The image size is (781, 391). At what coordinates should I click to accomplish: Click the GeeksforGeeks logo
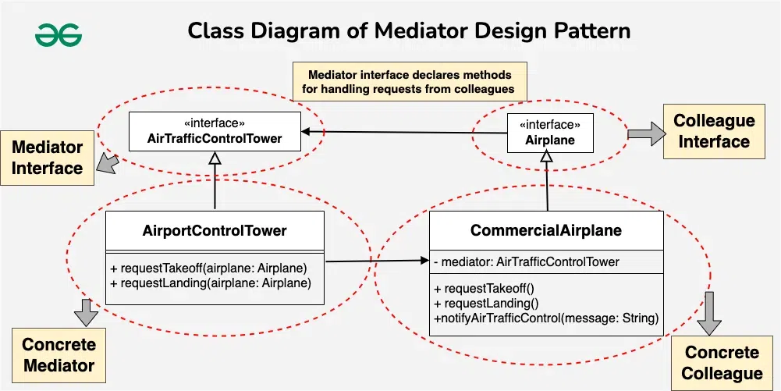(x=59, y=34)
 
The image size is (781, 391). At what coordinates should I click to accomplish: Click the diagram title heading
(x=409, y=32)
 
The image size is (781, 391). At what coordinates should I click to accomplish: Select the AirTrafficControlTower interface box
(x=215, y=131)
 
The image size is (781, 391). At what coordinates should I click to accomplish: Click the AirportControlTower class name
(x=215, y=231)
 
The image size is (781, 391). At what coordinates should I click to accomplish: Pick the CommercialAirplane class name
(x=546, y=231)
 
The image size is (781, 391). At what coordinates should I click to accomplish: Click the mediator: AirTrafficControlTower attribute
(x=527, y=262)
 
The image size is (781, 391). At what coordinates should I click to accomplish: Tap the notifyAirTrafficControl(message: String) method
(x=546, y=318)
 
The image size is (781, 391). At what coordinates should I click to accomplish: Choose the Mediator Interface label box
(x=47, y=158)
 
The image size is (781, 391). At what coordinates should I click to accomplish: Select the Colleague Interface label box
(x=714, y=132)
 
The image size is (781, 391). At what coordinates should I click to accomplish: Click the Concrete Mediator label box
(x=59, y=355)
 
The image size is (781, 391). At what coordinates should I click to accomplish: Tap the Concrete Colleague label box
(x=722, y=363)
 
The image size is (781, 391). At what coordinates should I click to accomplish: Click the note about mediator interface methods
(x=409, y=82)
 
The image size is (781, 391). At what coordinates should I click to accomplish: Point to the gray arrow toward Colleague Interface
(x=643, y=134)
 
